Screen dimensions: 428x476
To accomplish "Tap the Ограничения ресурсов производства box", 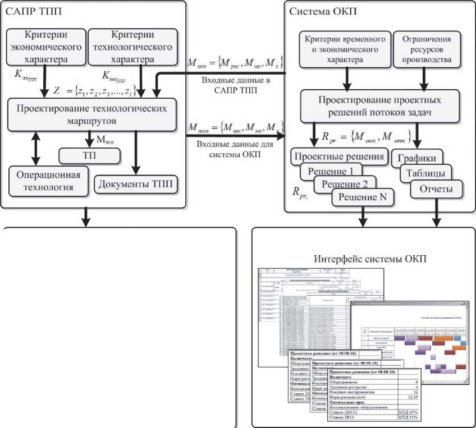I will pyautogui.click(x=424, y=45).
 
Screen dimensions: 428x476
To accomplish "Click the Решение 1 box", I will pyautogui.click(x=331, y=170).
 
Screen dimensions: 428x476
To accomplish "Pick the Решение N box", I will pyautogui.click(x=363, y=198).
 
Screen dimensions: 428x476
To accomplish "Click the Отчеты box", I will pyautogui.click(x=436, y=190).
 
